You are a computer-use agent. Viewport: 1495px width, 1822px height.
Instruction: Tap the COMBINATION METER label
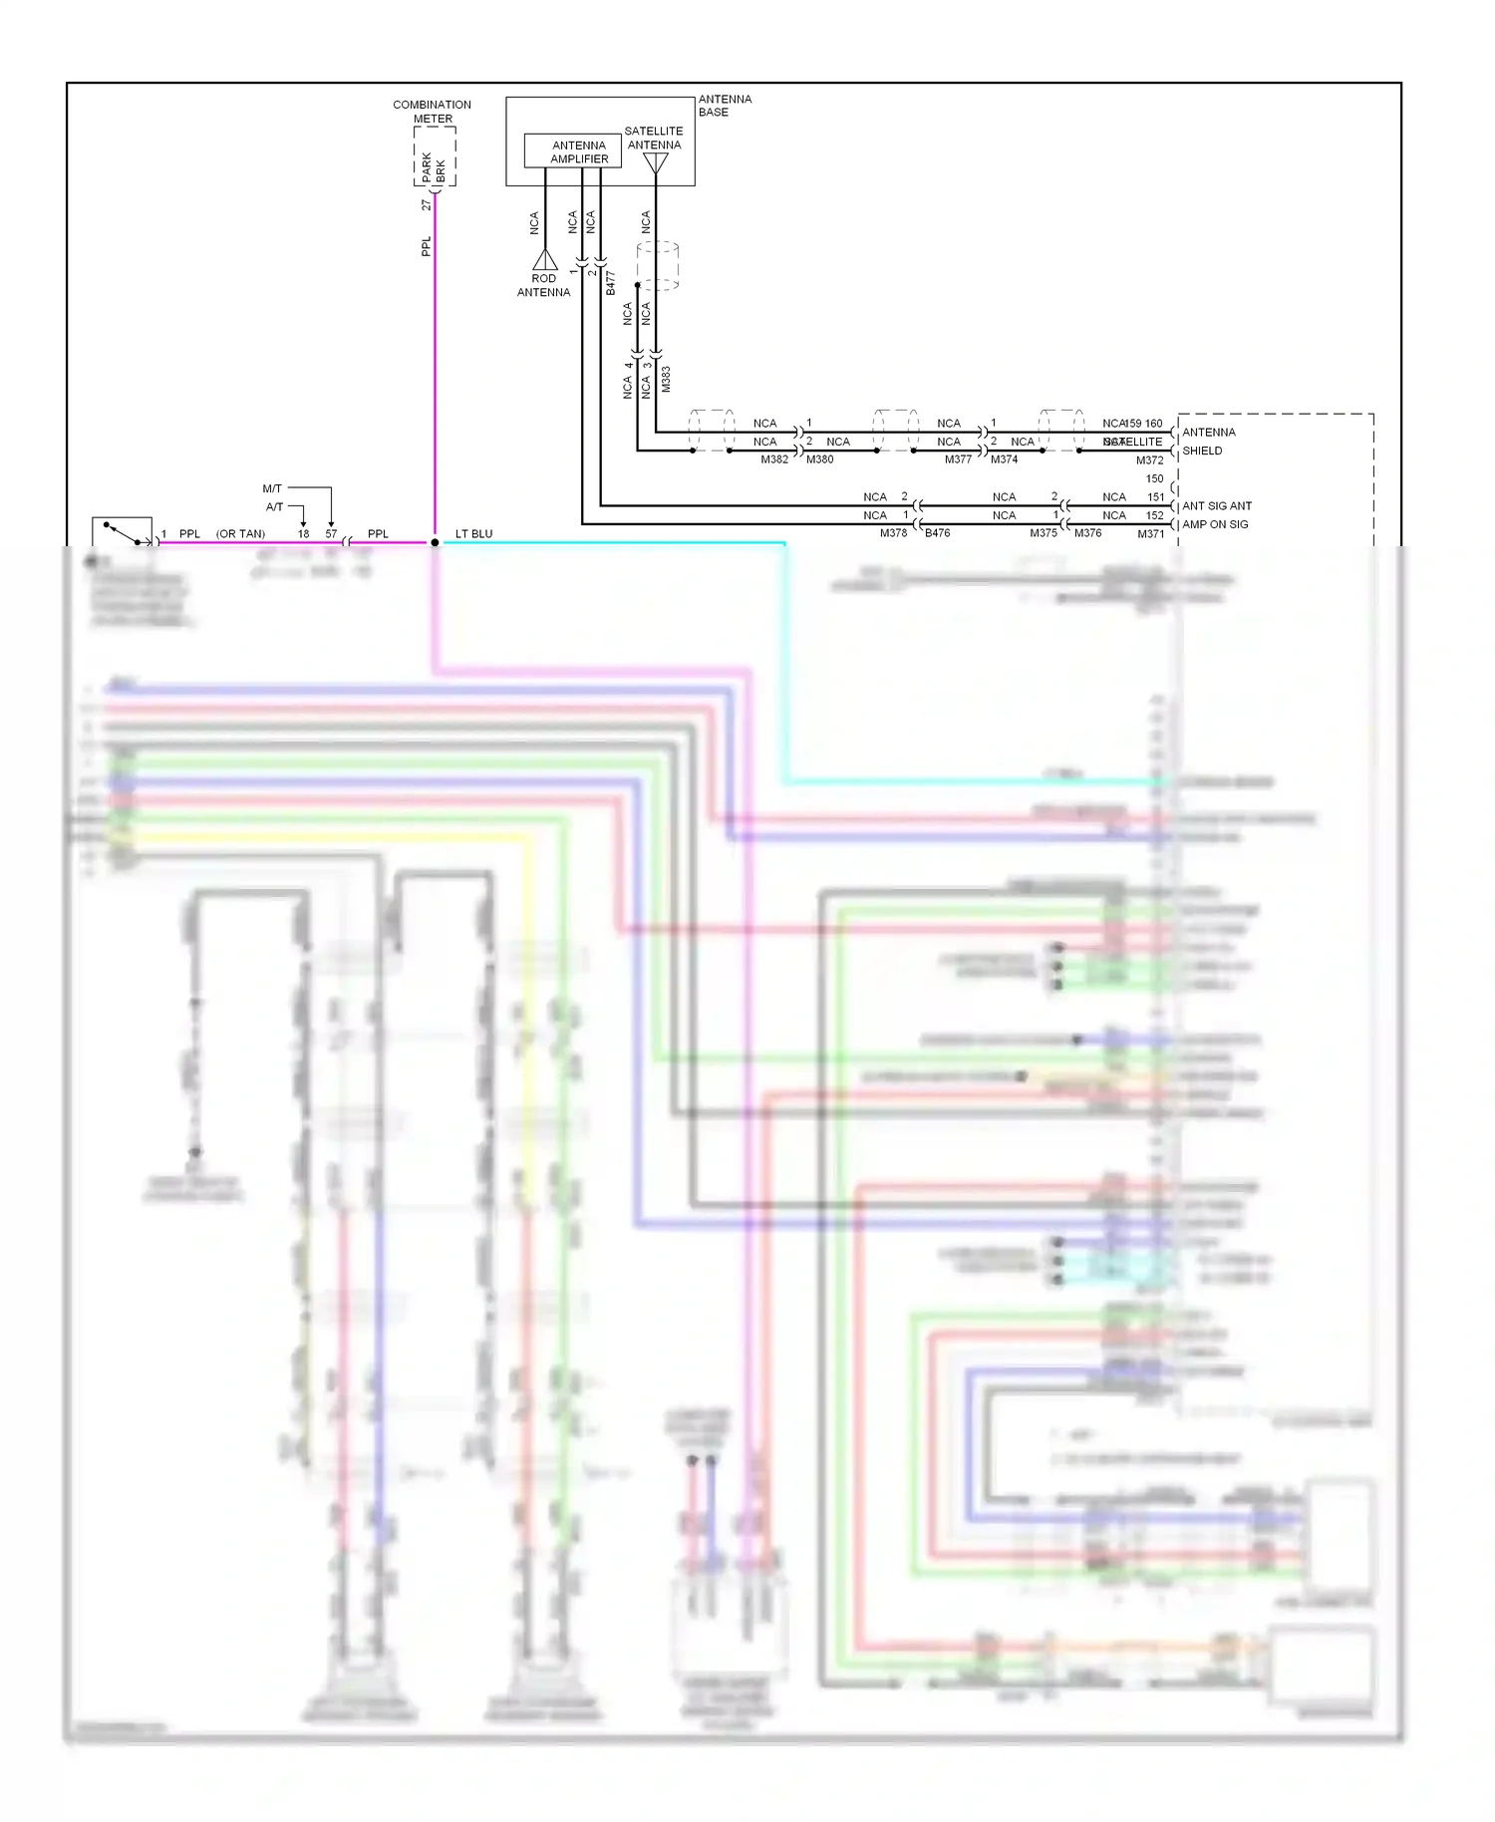[x=432, y=111]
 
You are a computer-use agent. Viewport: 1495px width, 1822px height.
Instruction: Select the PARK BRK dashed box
[x=435, y=156]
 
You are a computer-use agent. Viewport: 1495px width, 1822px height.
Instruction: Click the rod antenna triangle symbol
[x=545, y=260]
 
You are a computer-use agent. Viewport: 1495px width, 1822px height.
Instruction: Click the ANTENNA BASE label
[x=724, y=106]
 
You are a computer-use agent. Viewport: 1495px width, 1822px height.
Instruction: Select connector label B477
[x=611, y=282]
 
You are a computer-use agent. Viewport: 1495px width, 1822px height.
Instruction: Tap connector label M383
[x=666, y=379]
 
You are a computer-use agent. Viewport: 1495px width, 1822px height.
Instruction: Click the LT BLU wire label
[x=473, y=534]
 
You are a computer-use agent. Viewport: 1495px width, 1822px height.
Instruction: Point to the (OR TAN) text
[x=240, y=534]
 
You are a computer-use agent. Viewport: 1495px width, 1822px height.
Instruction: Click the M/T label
[x=272, y=488]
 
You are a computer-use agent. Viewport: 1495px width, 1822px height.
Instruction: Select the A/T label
[x=274, y=507]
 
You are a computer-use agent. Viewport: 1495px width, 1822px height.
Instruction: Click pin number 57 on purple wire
[x=331, y=534]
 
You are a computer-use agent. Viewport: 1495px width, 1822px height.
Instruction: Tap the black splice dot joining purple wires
[x=435, y=543]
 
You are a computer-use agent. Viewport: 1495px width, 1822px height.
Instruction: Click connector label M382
[x=774, y=459]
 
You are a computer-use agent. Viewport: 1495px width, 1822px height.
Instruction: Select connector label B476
[x=937, y=533]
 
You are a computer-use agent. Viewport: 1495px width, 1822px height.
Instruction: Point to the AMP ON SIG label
[x=1215, y=524]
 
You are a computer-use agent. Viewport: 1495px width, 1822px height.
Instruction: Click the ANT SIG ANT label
[x=1217, y=506]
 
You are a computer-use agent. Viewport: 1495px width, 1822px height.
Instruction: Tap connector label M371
[x=1150, y=534]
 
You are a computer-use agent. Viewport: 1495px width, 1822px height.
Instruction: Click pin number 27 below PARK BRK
[x=426, y=205]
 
